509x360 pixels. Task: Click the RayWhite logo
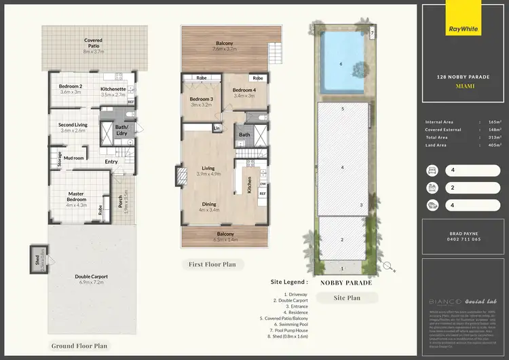tap(464, 29)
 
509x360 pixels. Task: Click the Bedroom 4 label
tap(244, 90)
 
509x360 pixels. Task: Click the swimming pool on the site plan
tap(342, 65)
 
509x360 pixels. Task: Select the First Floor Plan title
tap(213, 264)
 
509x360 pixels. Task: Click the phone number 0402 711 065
tap(465, 239)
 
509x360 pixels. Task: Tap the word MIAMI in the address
tap(465, 86)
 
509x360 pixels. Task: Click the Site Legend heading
tap(288, 281)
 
